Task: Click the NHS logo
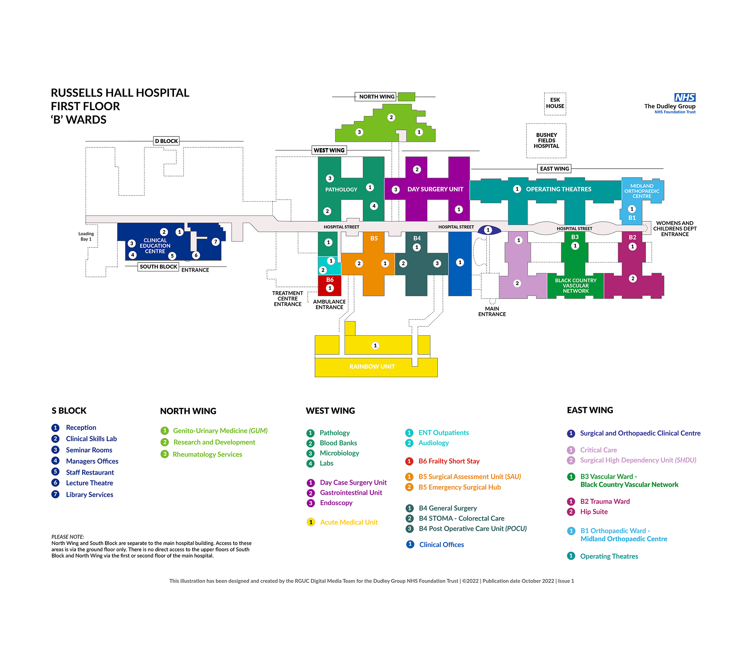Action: pos(685,97)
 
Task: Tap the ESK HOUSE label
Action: pos(555,103)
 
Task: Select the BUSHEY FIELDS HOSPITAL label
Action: pos(546,140)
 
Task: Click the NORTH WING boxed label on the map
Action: pos(377,97)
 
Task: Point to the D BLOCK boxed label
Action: pos(166,141)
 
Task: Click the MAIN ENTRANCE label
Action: pos(492,311)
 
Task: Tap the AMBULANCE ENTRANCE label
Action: pos(329,304)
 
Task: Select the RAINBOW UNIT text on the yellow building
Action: pos(372,366)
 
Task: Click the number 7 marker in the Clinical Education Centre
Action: pos(216,242)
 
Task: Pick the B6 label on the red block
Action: pos(330,280)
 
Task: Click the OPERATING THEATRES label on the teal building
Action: pos(558,189)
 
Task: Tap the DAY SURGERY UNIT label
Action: pos(435,189)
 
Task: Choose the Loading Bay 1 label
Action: pos(86,237)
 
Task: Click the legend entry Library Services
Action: pos(90,494)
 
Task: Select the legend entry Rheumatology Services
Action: pos(207,454)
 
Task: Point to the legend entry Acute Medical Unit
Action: pos(349,522)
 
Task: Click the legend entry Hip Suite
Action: pos(594,512)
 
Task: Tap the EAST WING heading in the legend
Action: pos(590,410)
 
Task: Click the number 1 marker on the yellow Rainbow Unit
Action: pos(375,345)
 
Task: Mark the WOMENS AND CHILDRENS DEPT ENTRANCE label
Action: pos(675,229)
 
